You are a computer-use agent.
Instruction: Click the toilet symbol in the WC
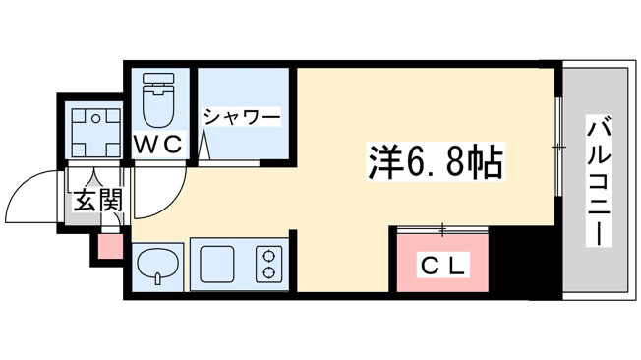point(158,99)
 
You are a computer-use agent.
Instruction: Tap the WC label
point(158,144)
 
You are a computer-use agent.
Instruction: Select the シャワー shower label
point(243,117)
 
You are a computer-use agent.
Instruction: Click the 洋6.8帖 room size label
point(436,162)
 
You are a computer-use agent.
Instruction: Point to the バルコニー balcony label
point(599,180)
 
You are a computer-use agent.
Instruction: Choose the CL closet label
point(442,268)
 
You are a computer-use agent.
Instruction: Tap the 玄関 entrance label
point(98,201)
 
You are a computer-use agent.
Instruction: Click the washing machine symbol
point(96,133)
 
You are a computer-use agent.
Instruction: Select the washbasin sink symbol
point(158,266)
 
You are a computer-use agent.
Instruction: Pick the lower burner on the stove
point(268,271)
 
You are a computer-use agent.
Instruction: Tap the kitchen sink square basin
point(217,265)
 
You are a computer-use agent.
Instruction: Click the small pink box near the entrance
point(110,246)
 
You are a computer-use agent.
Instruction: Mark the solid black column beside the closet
point(525,263)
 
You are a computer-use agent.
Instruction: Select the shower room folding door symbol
point(204,146)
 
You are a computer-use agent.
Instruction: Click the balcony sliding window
point(558,147)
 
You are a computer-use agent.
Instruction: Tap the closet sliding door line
point(442,231)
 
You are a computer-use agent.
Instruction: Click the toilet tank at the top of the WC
point(158,79)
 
